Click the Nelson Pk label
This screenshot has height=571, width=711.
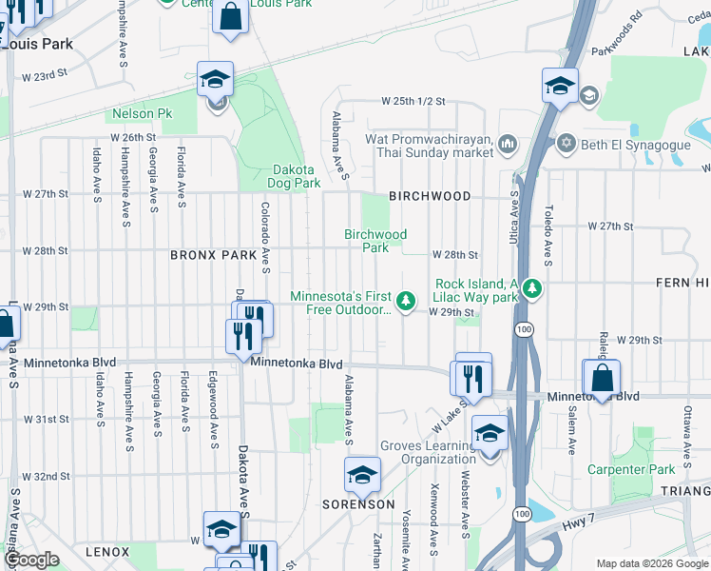click(x=142, y=113)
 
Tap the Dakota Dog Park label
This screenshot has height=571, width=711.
click(x=293, y=176)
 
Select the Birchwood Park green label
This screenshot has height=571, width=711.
click(x=375, y=241)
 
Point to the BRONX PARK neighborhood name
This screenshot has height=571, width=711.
click(x=213, y=255)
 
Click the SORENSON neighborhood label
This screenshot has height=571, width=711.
click(x=358, y=503)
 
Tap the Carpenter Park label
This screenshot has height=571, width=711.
click(x=630, y=469)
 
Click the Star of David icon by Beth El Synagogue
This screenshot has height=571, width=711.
click(x=567, y=144)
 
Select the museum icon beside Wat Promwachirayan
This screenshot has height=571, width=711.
click(x=508, y=144)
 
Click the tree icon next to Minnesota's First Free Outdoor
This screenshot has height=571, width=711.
click(x=406, y=302)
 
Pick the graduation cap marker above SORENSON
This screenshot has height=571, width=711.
click(x=362, y=474)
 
